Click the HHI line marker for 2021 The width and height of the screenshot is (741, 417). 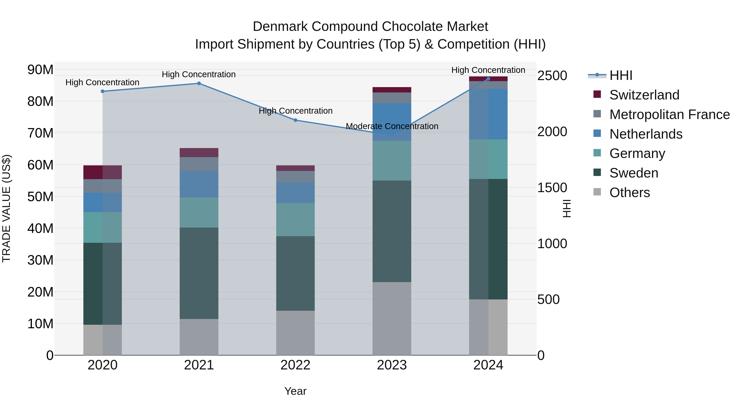[199, 83]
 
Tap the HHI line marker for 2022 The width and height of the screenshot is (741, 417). [295, 120]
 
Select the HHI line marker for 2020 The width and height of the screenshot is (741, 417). [103, 91]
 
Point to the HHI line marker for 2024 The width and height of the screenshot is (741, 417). [488, 79]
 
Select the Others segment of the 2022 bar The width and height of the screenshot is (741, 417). [295, 333]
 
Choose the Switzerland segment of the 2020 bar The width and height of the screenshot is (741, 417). [103, 172]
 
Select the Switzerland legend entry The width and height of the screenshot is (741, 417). [644, 95]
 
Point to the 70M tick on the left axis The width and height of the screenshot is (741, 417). [40, 133]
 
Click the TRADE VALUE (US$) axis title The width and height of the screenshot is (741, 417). [6, 208]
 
